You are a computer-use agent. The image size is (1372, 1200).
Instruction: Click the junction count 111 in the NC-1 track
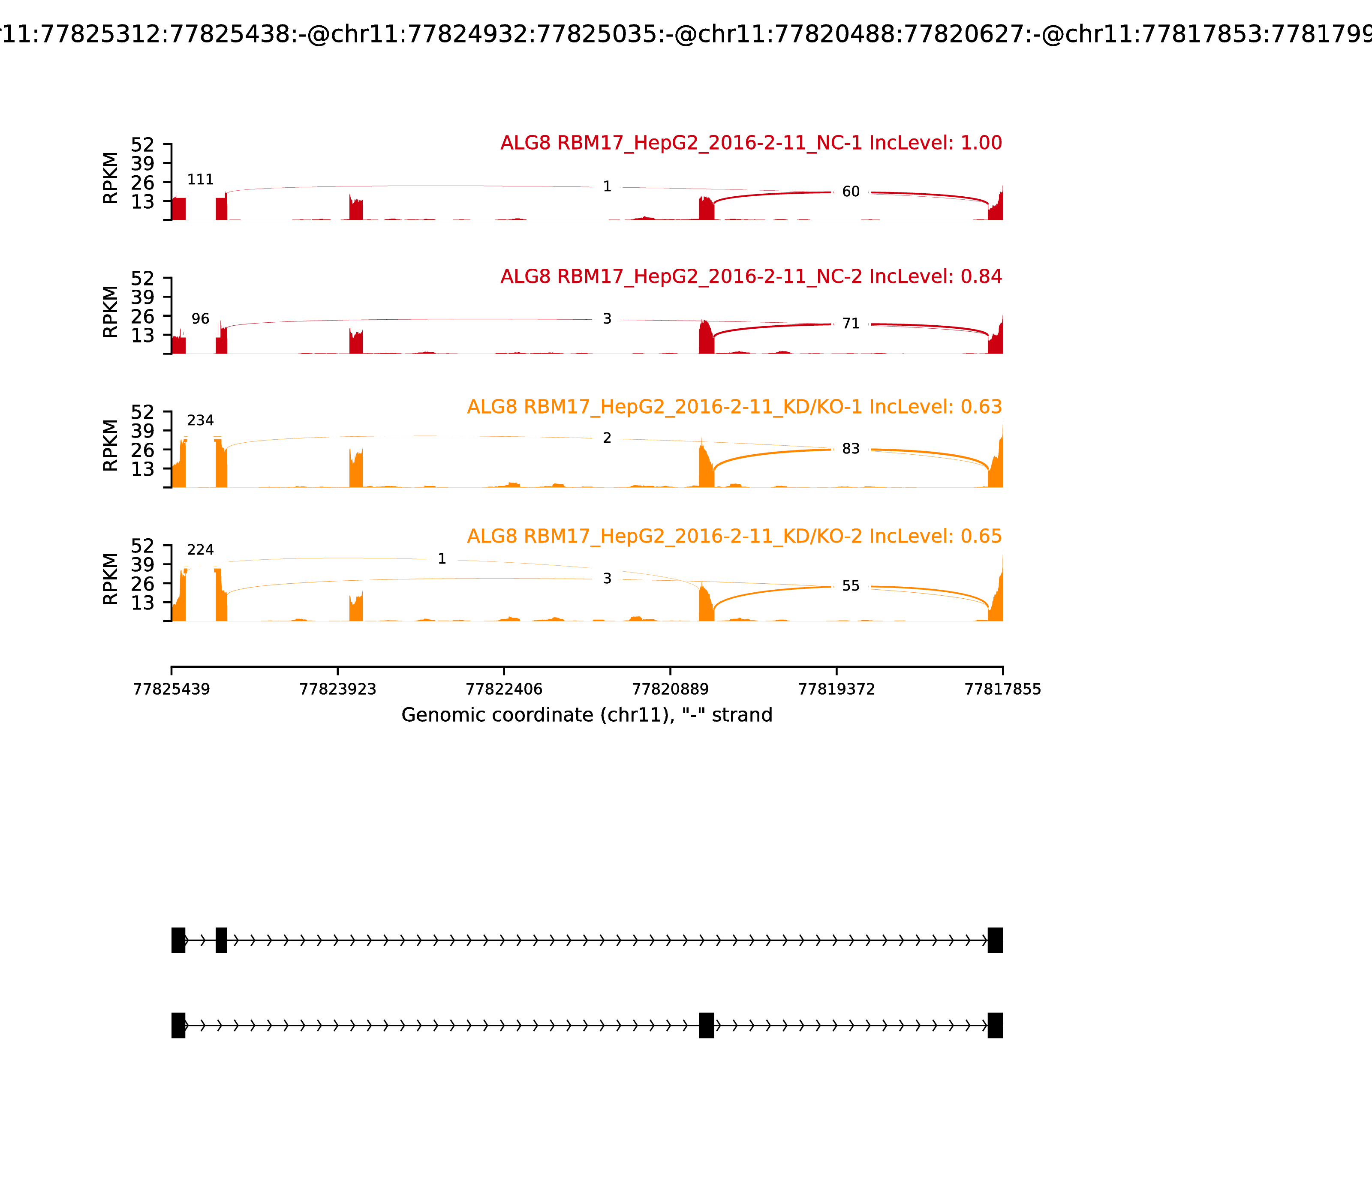coord(200,180)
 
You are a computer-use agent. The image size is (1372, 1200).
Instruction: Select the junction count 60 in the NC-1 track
coord(851,192)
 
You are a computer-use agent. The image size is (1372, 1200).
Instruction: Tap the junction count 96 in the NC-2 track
coord(200,319)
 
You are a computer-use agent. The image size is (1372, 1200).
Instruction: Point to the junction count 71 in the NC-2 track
coord(851,324)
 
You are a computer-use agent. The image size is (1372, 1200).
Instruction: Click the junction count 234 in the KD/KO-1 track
coord(200,420)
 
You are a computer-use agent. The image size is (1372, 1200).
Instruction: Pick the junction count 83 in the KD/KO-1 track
coord(851,449)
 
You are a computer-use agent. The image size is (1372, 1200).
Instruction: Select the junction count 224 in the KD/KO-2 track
coord(200,550)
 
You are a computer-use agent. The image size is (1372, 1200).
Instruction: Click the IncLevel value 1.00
coord(981,143)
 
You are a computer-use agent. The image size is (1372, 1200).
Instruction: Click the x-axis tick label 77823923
coord(338,689)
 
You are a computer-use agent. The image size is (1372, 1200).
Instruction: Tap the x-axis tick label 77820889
coord(671,689)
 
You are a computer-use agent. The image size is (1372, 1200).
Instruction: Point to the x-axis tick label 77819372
coord(837,689)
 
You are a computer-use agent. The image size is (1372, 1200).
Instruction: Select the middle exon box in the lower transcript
coord(706,1025)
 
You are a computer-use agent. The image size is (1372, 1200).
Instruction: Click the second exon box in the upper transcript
coord(221,940)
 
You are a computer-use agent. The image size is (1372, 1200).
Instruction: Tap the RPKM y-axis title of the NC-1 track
coord(111,178)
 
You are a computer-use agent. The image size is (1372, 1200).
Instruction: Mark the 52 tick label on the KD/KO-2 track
coord(143,546)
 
